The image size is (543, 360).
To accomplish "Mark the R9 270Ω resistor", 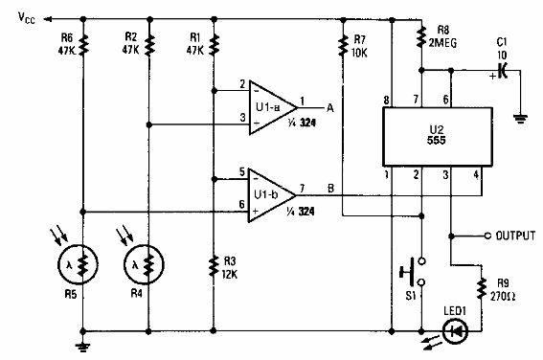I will pos(478,288).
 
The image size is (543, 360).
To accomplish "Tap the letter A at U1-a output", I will pos(328,107).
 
